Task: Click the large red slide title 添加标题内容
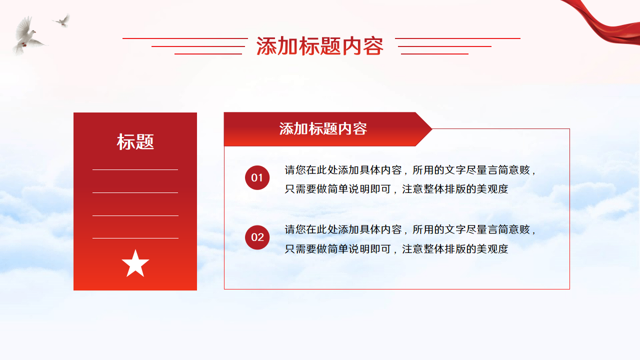click(x=319, y=46)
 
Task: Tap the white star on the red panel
click(x=135, y=263)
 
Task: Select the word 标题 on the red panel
click(x=135, y=141)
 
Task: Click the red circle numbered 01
click(x=257, y=177)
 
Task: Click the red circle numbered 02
click(x=257, y=237)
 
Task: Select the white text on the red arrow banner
click(x=323, y=129)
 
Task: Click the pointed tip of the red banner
click(x=432, y=129)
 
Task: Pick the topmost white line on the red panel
click(x=135, y=169)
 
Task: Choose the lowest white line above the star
click(x=135, y=238)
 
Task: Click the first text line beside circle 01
click(x=410, y=170)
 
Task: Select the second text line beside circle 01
click(x=396, y=189)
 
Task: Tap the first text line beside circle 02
click(x=410, y=229)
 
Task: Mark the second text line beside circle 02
click(x=396, y=249)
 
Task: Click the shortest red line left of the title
click(x=208, y=53)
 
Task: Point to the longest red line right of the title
click(x=457, y=38)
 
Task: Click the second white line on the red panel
click(x=135, y=193)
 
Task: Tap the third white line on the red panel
click(x=135, y=215)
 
